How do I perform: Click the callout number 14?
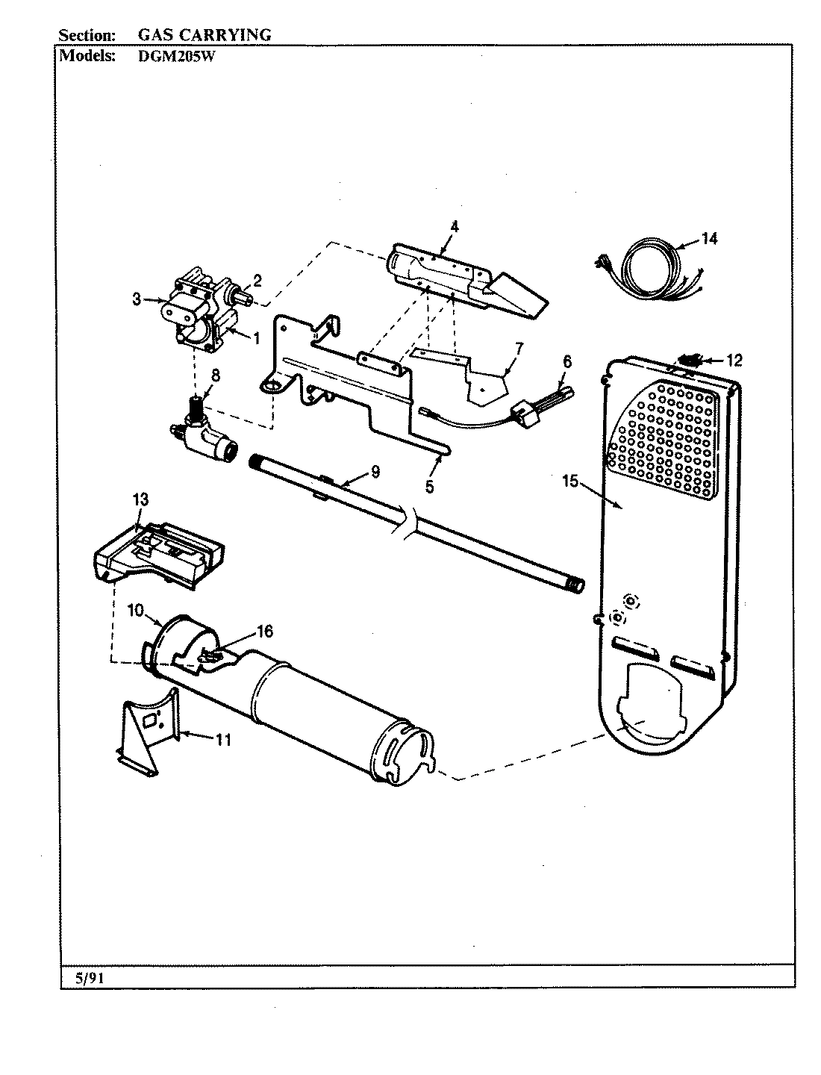coord(709,239)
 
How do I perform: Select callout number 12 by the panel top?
coord(734,361)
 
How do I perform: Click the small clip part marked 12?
coord(692,359)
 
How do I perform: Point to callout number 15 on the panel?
coord(570,482)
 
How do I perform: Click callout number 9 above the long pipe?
coord(375,471)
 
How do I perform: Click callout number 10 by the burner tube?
coord(134,610)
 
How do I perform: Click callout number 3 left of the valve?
coord(137,300)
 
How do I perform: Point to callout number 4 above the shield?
coord(455,225)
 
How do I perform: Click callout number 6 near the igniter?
coord(566,361)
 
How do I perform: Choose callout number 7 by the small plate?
coord(519,347)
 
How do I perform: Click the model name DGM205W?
coord(176,57)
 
